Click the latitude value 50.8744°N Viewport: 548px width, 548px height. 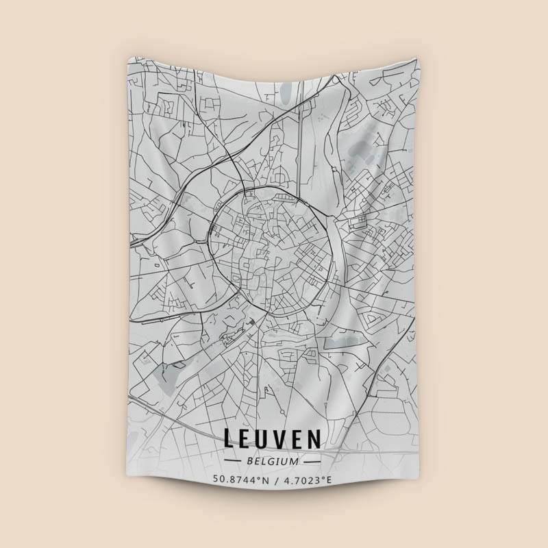click(x=240, y=480)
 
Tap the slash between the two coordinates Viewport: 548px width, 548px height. click(x=275, y=480)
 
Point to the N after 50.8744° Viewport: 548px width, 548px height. click(x=264, y=480)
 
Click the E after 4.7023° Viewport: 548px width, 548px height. click(x=328, y=480)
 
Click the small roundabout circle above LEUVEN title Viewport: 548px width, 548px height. click(x=280, y=410)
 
